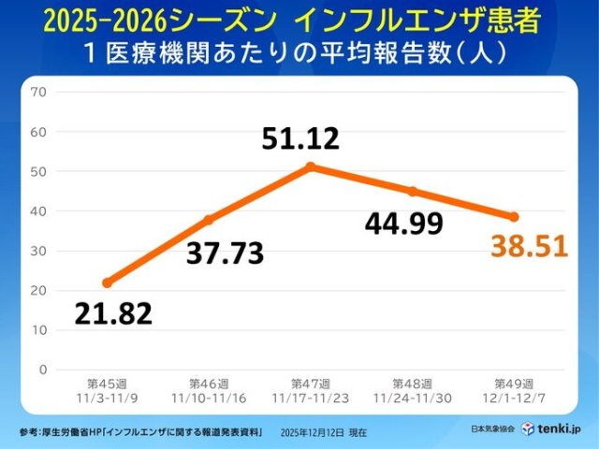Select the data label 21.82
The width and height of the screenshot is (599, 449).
pyautogui.click(x=113, y=314)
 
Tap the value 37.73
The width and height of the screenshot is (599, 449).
pyautogui.click(x=225, y=252)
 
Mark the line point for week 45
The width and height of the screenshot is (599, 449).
pyautogui.click(x=107, y=282)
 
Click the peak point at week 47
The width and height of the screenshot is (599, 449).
pyautogui.click(x=310, y=167)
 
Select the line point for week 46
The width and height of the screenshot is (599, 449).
pyautogui.click(x=209, y=220)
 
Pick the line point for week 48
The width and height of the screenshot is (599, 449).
pyautogui.click(x=412, y=191)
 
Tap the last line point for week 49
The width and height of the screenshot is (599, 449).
pyautogui.click(x=514, y=217)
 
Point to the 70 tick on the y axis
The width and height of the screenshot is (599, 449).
pyautogui.click(x=38, y=92)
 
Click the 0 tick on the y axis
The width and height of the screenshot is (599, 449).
pyautogui.click(x=43, y=369)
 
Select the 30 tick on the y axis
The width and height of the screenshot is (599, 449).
pyautogui.click(x=38, y=251)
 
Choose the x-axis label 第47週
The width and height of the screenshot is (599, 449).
pyautogui.click(x=310, y=384)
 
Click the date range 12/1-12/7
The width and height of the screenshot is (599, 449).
pyautogui.click(x=514, y=397)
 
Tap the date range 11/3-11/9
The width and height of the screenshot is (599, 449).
pyautogui.click(x=107, y=397)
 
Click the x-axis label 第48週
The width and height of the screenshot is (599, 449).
pyautogui.click(x=412, y=384)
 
